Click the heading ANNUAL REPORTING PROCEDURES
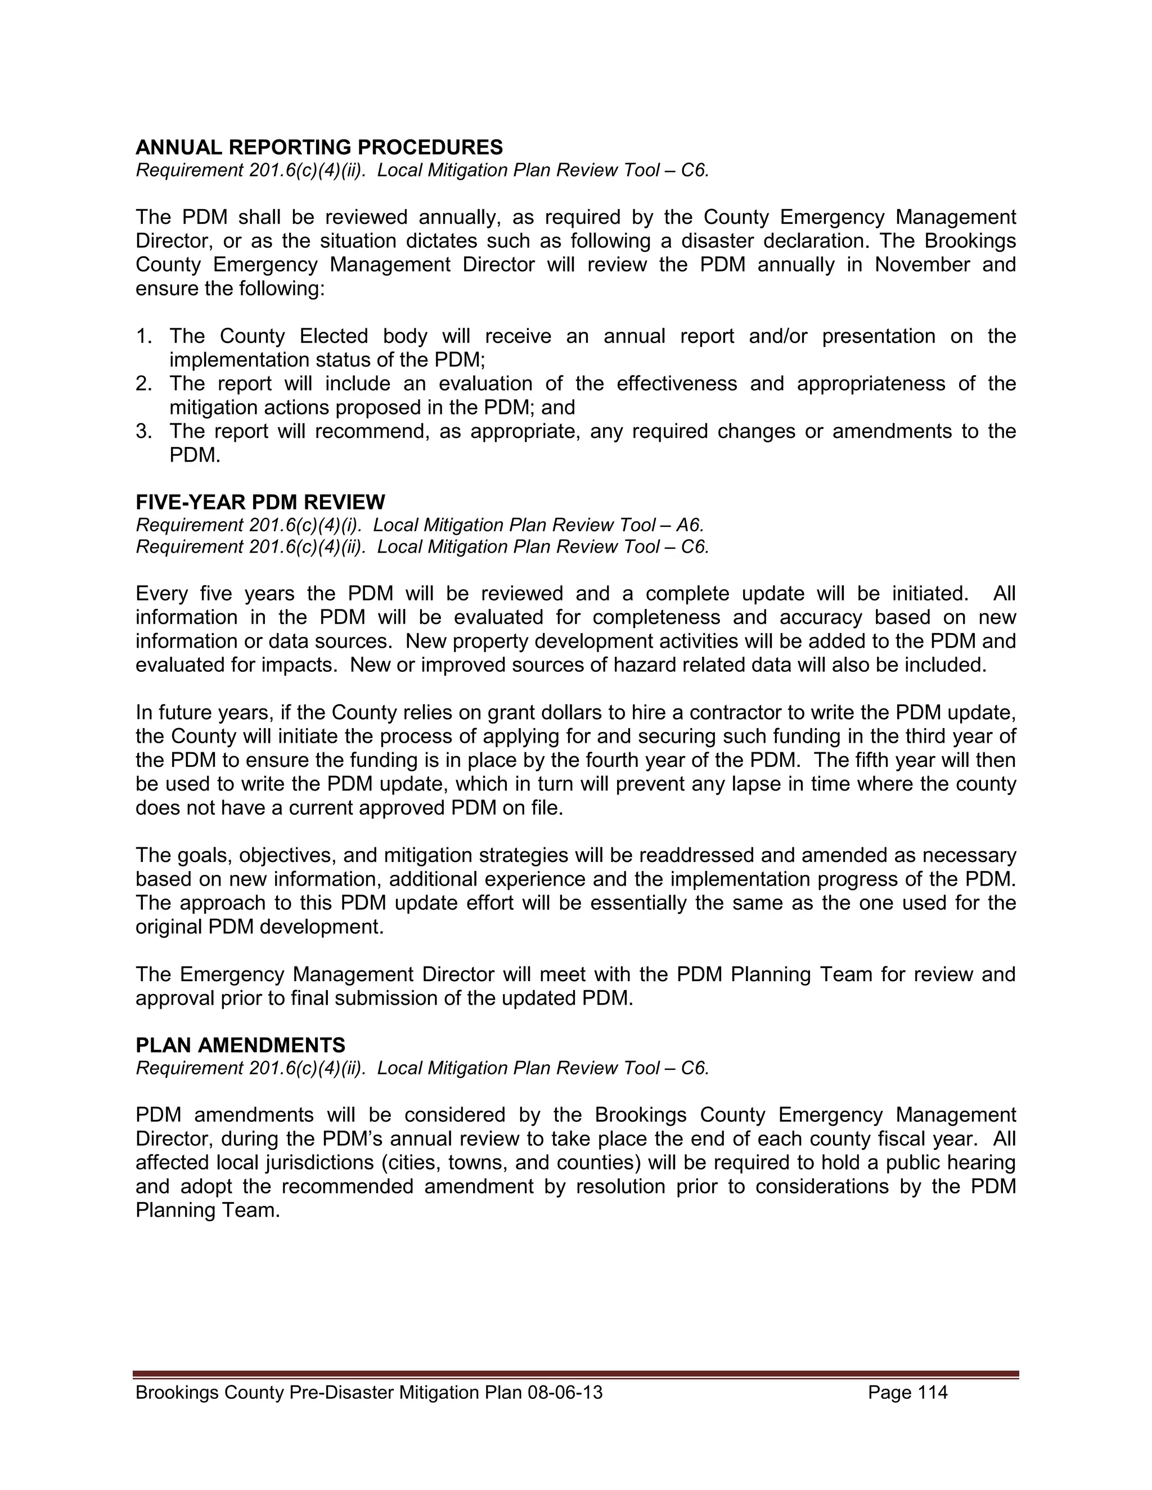(319, 147)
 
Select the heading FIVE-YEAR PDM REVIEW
(260, 502)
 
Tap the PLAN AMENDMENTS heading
(240, 1045)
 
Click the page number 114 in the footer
(931, 1392)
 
